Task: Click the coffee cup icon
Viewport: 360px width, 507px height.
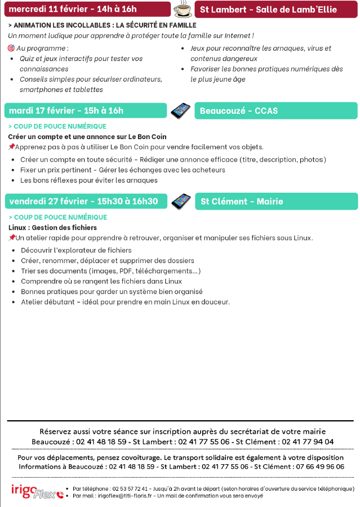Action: click(182, 9)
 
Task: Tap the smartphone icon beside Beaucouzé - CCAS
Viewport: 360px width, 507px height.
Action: click(180, 110)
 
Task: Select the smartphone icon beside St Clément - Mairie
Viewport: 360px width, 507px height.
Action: click(181, 201)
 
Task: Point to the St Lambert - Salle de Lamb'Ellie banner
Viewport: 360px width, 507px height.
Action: click(276, 10)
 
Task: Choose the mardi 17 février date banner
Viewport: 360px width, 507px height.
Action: click(85, 110)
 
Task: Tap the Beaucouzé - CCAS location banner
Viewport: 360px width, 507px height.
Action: click(276, 111)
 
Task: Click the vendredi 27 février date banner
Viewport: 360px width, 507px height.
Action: click(85, 201)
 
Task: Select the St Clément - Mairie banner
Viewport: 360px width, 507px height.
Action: click(276, 202)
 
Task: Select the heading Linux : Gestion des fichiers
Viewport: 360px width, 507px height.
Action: click(53, 228)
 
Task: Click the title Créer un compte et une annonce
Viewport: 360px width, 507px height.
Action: click(87, 136)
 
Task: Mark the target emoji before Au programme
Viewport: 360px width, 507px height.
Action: click(11, 48)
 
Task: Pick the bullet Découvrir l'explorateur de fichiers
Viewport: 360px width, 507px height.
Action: click(76, 250)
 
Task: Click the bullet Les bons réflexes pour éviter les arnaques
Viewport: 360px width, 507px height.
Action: click(88, 180)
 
